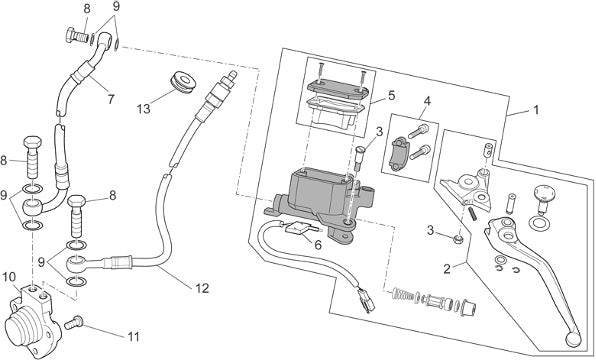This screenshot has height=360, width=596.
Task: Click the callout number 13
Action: tap(144, 109)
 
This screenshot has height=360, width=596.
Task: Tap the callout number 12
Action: tap(202, 288)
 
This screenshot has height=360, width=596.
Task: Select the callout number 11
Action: tap(133, 336)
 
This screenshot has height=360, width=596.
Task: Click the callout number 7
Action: tap(111, 100)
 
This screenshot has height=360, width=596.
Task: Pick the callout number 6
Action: tap(318, 245)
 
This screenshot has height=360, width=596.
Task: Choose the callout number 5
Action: tap(392, 95)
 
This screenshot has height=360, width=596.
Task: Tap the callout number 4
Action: tap(427, 101)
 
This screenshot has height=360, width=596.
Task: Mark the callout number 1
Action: tap(536, 110)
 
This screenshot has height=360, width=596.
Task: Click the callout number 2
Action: tap(447, 269)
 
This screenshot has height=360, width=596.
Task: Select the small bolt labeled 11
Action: tap(74, 322)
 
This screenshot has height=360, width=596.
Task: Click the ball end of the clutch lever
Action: tap(572, 338)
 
